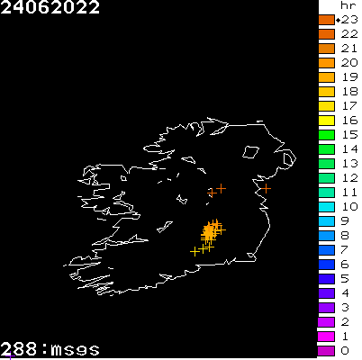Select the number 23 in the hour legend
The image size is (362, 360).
tap(349, 19)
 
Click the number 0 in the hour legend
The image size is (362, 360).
tap(346, 350)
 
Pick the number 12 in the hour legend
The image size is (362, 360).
tap(349, 177)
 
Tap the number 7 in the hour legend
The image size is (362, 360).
tap(346, 249)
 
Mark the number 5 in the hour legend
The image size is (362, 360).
tap(346, 278)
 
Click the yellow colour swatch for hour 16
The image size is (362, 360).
tap(327, 120)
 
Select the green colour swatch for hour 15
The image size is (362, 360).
tap(327, 134)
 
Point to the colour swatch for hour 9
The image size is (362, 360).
tap(327, 220)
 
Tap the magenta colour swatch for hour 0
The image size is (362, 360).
tap(327, 350)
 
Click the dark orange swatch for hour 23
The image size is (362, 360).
tap(327, 19)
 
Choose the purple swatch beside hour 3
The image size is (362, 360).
tap(327, 307)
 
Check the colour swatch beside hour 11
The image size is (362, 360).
tap(327, 192)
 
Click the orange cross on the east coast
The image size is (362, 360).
tap(266, 189)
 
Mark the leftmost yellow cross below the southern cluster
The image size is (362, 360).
tap(195, 251)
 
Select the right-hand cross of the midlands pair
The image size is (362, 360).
tap(221, 188)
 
